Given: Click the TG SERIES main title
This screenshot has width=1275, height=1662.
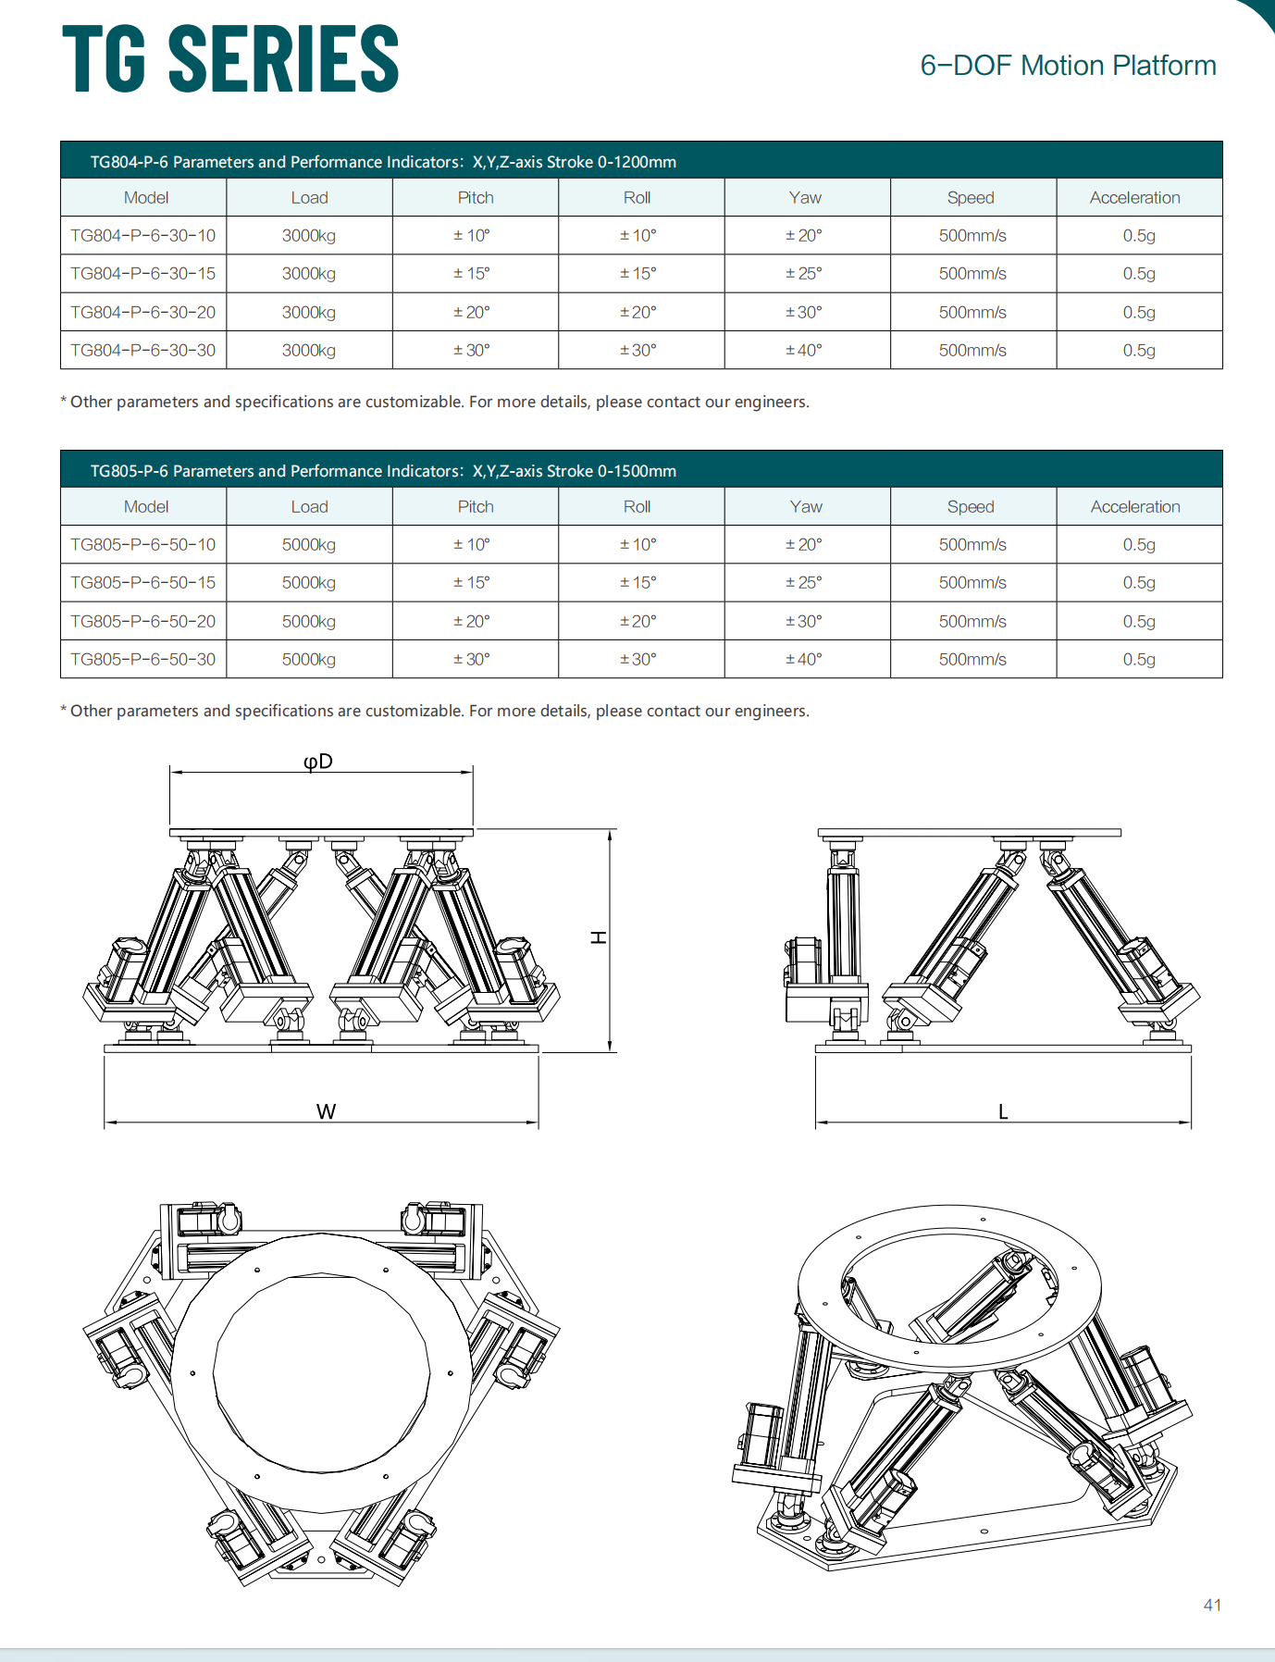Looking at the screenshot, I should pyautogui.click(x=230, y=59).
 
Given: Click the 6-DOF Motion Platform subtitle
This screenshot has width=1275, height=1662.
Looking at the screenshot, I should pyautogui.click(x=1067, y=66).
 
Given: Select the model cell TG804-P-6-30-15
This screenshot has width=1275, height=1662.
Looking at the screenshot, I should pyautogui.click(x=143, y=274).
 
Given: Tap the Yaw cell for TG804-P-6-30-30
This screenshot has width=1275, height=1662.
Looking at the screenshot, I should pyautogui.click(x=803, y=351).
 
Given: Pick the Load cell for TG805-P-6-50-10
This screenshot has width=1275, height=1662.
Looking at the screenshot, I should pyautogui.click(x=309, y=545).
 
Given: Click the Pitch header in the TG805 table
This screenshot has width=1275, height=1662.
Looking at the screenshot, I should pyautogui.click(x=476, y=507).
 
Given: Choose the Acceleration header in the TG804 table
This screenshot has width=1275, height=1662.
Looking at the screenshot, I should pyautogui.click(x=1134, y=198).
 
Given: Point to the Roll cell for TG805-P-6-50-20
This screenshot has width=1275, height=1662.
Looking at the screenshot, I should pyautogui.click(x=637, y=622).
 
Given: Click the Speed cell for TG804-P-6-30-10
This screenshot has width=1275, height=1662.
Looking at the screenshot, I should pyautogui.click(x=972, y=236).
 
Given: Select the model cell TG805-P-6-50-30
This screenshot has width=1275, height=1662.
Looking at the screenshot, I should pyautogui.click(x=143, y=660).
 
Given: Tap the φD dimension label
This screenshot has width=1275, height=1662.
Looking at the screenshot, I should pyautogui.click(x=318, y=762).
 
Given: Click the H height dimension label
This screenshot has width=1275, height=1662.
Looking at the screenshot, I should pyautogui.click(x=600, y=937).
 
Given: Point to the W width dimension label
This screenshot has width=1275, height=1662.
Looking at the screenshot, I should pyautogui.click(x=326, y=1111).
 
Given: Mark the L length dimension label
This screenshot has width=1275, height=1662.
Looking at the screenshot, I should pyautogui.click(x=1003, y=1111).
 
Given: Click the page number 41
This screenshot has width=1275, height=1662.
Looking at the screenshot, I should pyautogui.click(x=1212, y=1606).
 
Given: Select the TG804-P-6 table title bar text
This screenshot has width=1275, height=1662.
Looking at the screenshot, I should pyautogui.click(x=383, y=162).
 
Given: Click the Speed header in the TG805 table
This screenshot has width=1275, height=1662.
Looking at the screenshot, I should pyautogui.click(x=971, y=507).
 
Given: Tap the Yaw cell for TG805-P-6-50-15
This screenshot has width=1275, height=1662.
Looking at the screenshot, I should pyautogui.click(x=803, y=583).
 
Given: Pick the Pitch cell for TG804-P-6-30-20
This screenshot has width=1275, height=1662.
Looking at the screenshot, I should pyautogui.click(x=471, y=313).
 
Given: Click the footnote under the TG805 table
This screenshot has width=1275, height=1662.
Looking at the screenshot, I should pyautogui.click(x=435, y=711).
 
